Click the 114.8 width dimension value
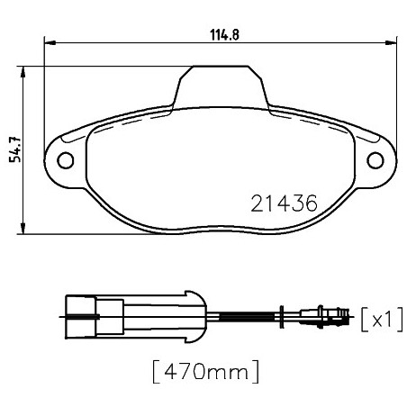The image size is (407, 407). [x=224, y=35]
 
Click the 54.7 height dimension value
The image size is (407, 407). [x=14, y=149]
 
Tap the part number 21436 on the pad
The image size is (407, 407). [x=284, y=203]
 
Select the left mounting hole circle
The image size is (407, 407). [x=66, y=160]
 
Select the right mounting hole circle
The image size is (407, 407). [x=375, y=160]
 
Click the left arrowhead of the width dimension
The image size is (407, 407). [x=50, y=43]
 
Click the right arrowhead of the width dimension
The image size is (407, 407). [x=391, y=43]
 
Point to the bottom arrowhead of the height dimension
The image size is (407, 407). [x=23, y=228]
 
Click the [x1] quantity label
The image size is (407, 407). [x=382, y=320]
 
